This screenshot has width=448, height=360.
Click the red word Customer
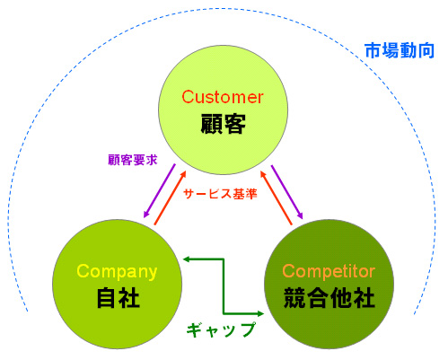click(x=223, y=97)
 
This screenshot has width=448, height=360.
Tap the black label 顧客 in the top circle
click(x=223, y=123)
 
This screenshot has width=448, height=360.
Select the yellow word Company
click(x=117, y=272)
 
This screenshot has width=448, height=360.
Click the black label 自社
click(x=119, y=298)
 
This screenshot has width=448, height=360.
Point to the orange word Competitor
click(x=329, y=271)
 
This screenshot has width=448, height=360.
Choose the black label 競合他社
click(x=329, y=298)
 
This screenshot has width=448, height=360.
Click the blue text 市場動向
click(x=400, y=50)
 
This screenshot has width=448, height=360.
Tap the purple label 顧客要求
click(x=133, y=160)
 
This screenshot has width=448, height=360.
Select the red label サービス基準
click(x=220, y=194)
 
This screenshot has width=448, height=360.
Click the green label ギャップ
click(x=221, y=329)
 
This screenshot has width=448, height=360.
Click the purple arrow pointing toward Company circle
click(x=159, y=190)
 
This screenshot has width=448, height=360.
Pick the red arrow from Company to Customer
click(x=170, y=198)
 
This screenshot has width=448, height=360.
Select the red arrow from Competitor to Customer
click(x=276, y=198)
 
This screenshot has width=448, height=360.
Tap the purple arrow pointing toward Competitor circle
click(x=287, y=192)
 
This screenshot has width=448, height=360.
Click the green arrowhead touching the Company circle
click(x=187, y=259)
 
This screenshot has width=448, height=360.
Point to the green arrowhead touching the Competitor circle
click(x=259, y=313)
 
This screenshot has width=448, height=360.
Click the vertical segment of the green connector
click(x=224, y=286)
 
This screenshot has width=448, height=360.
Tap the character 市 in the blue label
click(x=373, y=50)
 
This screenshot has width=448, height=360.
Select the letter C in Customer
click(x=188, y=97)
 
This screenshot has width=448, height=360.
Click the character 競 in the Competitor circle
click(x=294, y=298)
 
